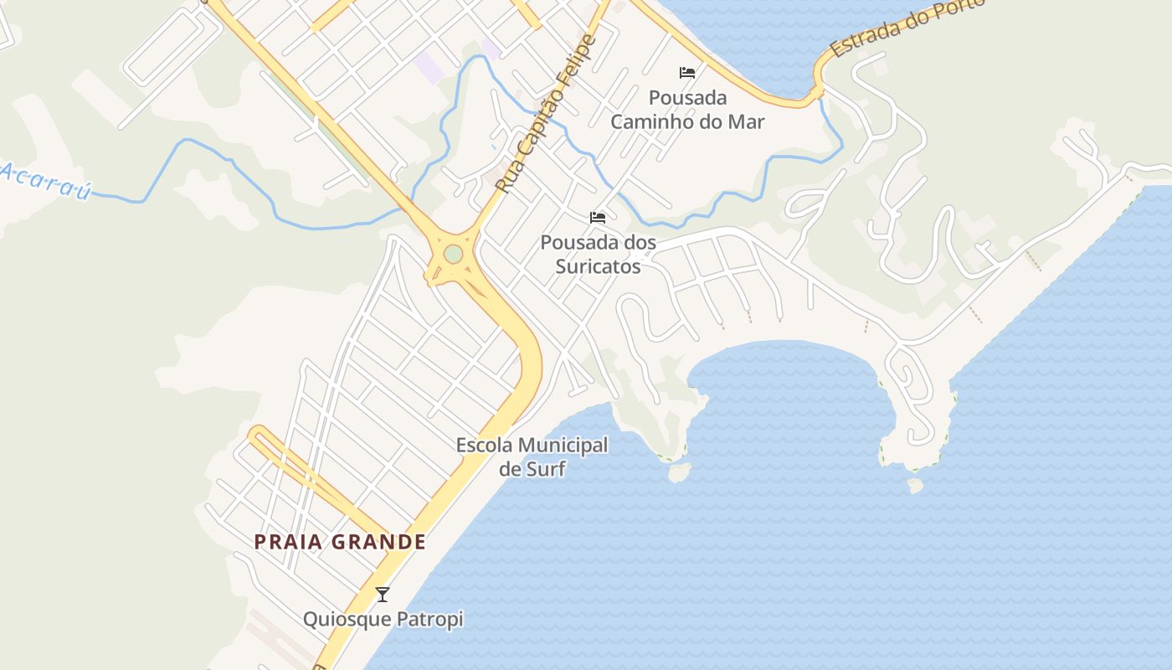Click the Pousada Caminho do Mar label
coord(687,110)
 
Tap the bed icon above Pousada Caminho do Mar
coord(687,73)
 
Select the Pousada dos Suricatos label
coord(598,255)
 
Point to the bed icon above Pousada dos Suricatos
coord(598,218)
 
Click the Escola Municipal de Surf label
coord(532,456)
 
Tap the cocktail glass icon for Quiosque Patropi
coord(383,595)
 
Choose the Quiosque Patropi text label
coord(383,620)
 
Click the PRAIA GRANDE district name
coord(340,542)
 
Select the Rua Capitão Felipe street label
coord(544,115)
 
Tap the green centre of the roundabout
coord(453,254)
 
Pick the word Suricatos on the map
coord(599,266)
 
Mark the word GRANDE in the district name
coord(379,542)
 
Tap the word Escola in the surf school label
coord(485,446)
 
